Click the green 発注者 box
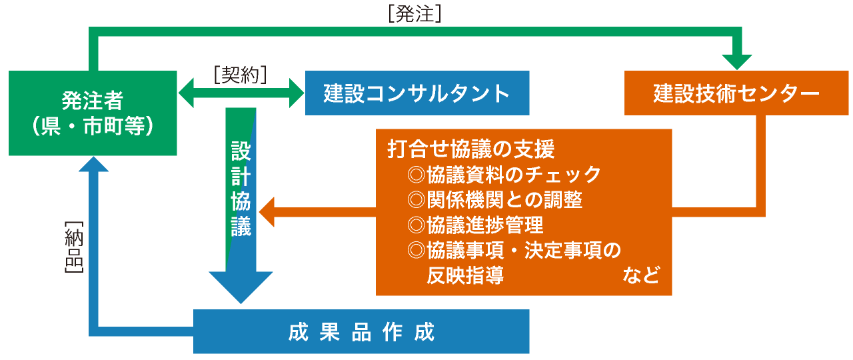click(x=93, y=113)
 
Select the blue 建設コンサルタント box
click(x=417, y=93)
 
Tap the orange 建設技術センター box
click(x=736, y=93)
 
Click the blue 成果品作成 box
click(x=361, y=331)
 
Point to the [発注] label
click(x=415, y=14)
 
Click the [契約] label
click(x=241, y=75)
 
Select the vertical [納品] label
click(x=74, y=247)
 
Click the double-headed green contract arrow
click(x=241, y=93)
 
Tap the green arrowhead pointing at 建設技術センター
click(x=737, y=62)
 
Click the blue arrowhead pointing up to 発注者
click(x=94, y=165)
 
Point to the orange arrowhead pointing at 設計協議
click(x=267, y=212)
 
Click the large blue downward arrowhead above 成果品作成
click(x=241, y=287)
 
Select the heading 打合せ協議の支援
click(x=470, y=149)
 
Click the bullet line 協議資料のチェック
click(x=504, y=175)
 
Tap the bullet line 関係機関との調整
click(x=494, y=199)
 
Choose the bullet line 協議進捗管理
click(x=475, y=225)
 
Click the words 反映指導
click(x=465, y=275)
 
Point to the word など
click(x=641, y=275)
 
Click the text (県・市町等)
click(x=93, y=126)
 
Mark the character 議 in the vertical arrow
click(x=241, y=226)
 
